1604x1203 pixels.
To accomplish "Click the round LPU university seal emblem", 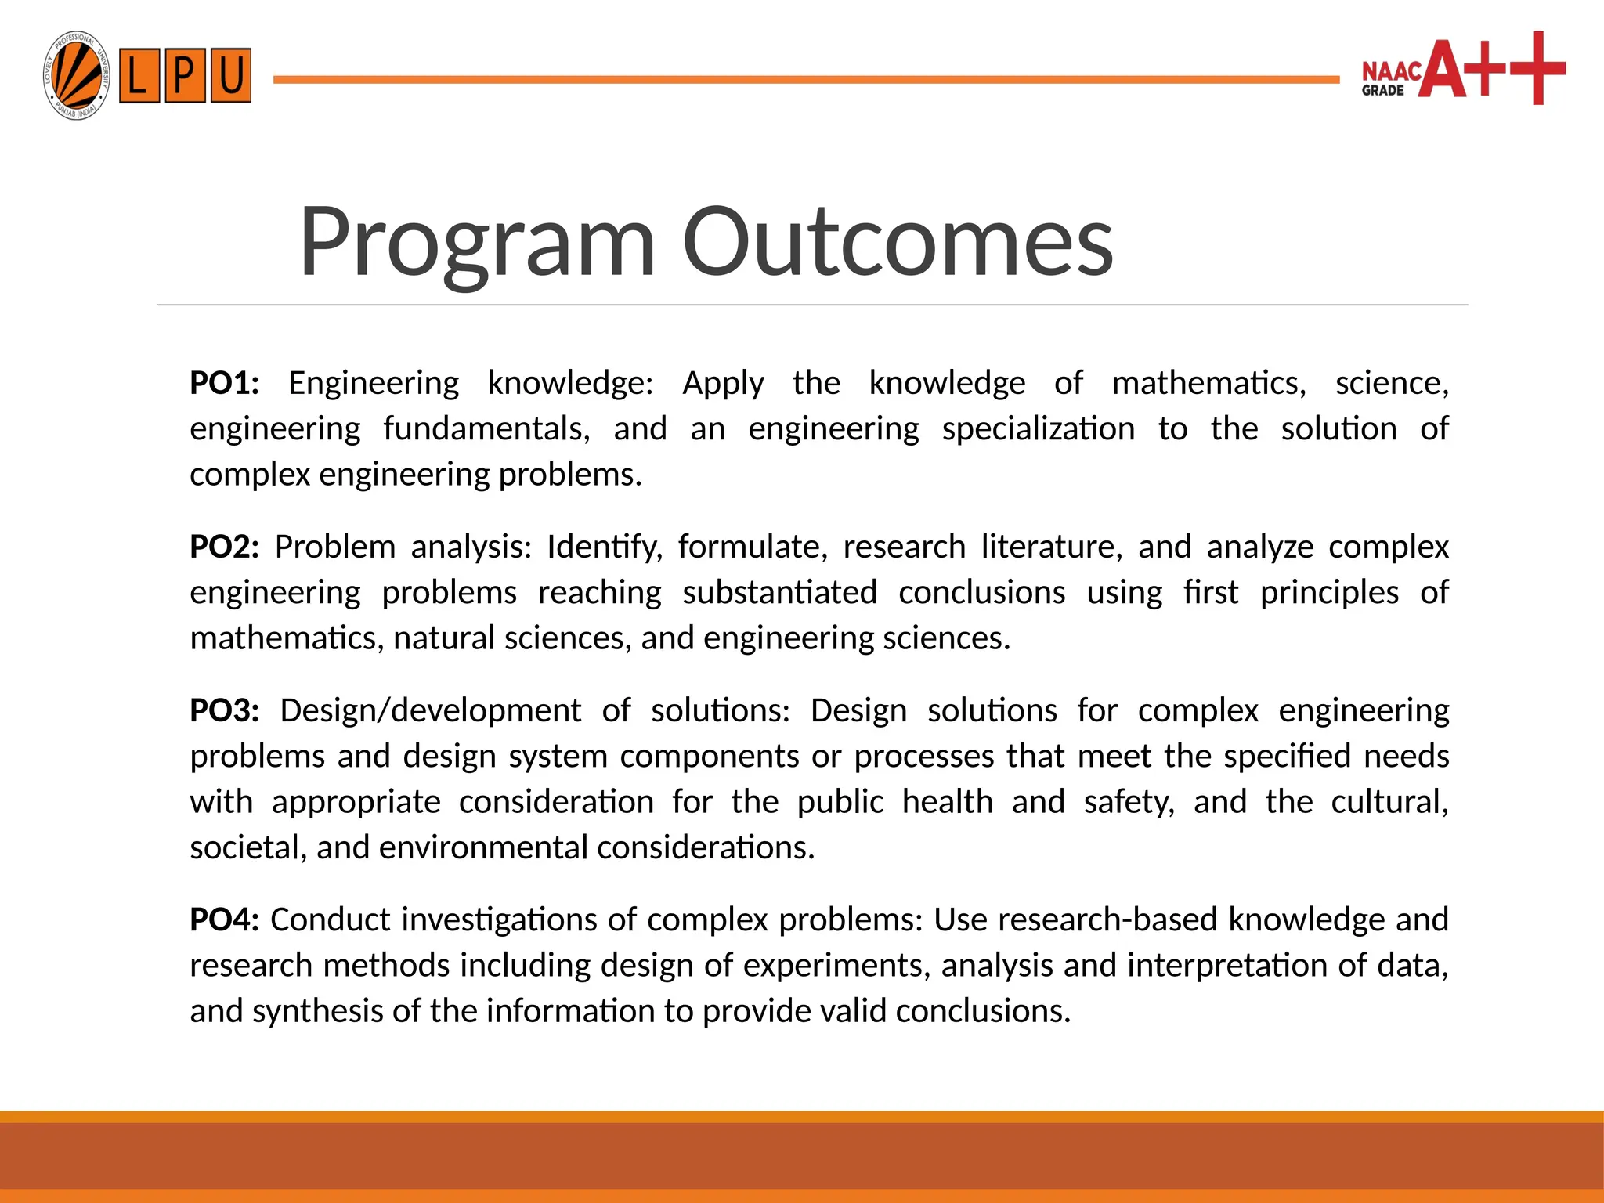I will click(76, 76).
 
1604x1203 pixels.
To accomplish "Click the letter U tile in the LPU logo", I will click(230, 76).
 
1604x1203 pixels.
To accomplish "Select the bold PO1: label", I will click(224, 383).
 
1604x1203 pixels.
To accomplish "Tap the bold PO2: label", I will click(224, 547).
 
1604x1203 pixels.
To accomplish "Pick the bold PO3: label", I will click(224, 710).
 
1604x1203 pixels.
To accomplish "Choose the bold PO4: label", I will click(224, 919).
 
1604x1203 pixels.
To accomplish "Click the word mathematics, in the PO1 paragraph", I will click(1208, 383).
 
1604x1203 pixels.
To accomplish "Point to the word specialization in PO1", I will click(1038, 429).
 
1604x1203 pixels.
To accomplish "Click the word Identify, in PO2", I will click(604, 547).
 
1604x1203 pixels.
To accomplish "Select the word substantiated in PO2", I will click(779, 593).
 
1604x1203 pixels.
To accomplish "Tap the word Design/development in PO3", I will click(430, 710).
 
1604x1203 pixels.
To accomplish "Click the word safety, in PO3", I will click(1129, 802).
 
